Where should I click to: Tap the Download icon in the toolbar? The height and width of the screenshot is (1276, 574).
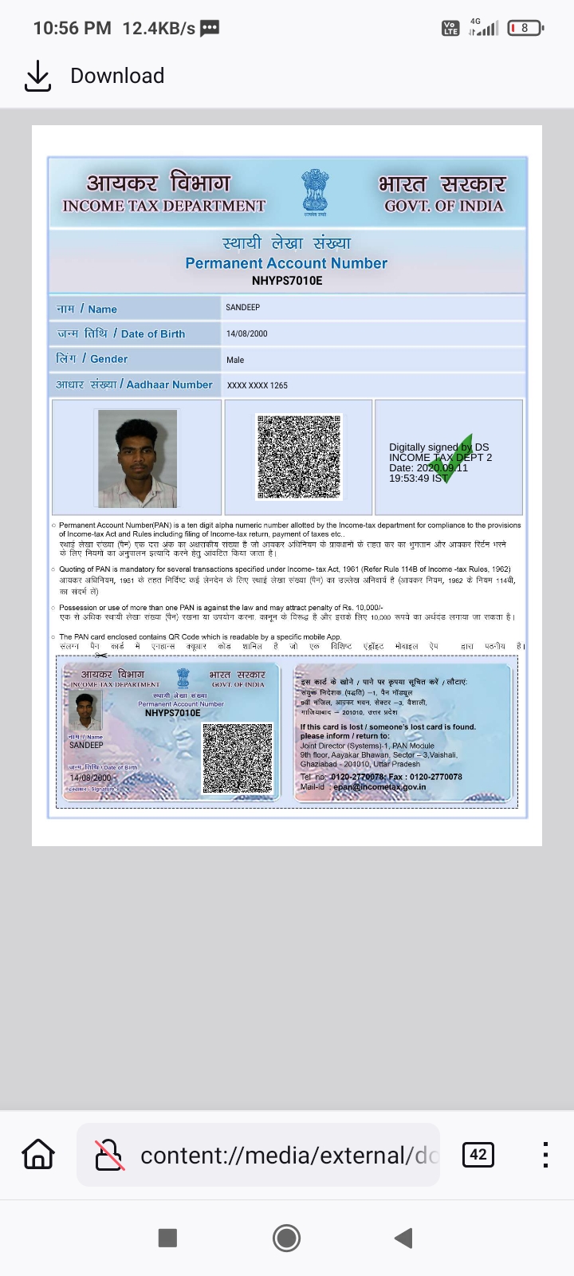[x=37, y=76]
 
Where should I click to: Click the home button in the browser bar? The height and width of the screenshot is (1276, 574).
[x=38, y=1154]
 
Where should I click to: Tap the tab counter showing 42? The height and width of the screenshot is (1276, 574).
[x=478, y=1154]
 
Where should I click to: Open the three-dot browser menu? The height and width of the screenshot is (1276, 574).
[x=545, y=1154]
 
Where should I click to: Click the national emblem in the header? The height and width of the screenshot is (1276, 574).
[x=315, y=191]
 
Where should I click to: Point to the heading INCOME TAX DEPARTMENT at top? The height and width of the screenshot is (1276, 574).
[x=164, y=206]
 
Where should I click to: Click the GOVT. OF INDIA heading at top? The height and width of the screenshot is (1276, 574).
[x=444, y=206]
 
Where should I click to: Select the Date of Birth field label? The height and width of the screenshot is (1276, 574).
[x=121, y=333]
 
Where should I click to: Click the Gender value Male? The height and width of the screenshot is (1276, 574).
[x=235, y=360]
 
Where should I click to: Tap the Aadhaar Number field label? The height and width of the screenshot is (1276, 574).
[x=134, y=384]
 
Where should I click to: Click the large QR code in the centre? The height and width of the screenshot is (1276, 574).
[x=299, y=457]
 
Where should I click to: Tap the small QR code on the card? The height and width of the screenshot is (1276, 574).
[x=238, y=758]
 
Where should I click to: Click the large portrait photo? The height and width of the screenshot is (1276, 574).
[x=137, y=459]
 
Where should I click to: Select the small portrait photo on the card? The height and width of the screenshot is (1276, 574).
[x=85, y=711]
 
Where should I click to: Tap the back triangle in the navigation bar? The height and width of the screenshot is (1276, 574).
[x=403, y=1238]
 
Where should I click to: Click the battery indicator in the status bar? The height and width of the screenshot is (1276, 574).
[x=525, y=28]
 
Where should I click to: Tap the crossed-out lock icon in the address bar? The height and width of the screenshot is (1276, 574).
[x=109, y=1154]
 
